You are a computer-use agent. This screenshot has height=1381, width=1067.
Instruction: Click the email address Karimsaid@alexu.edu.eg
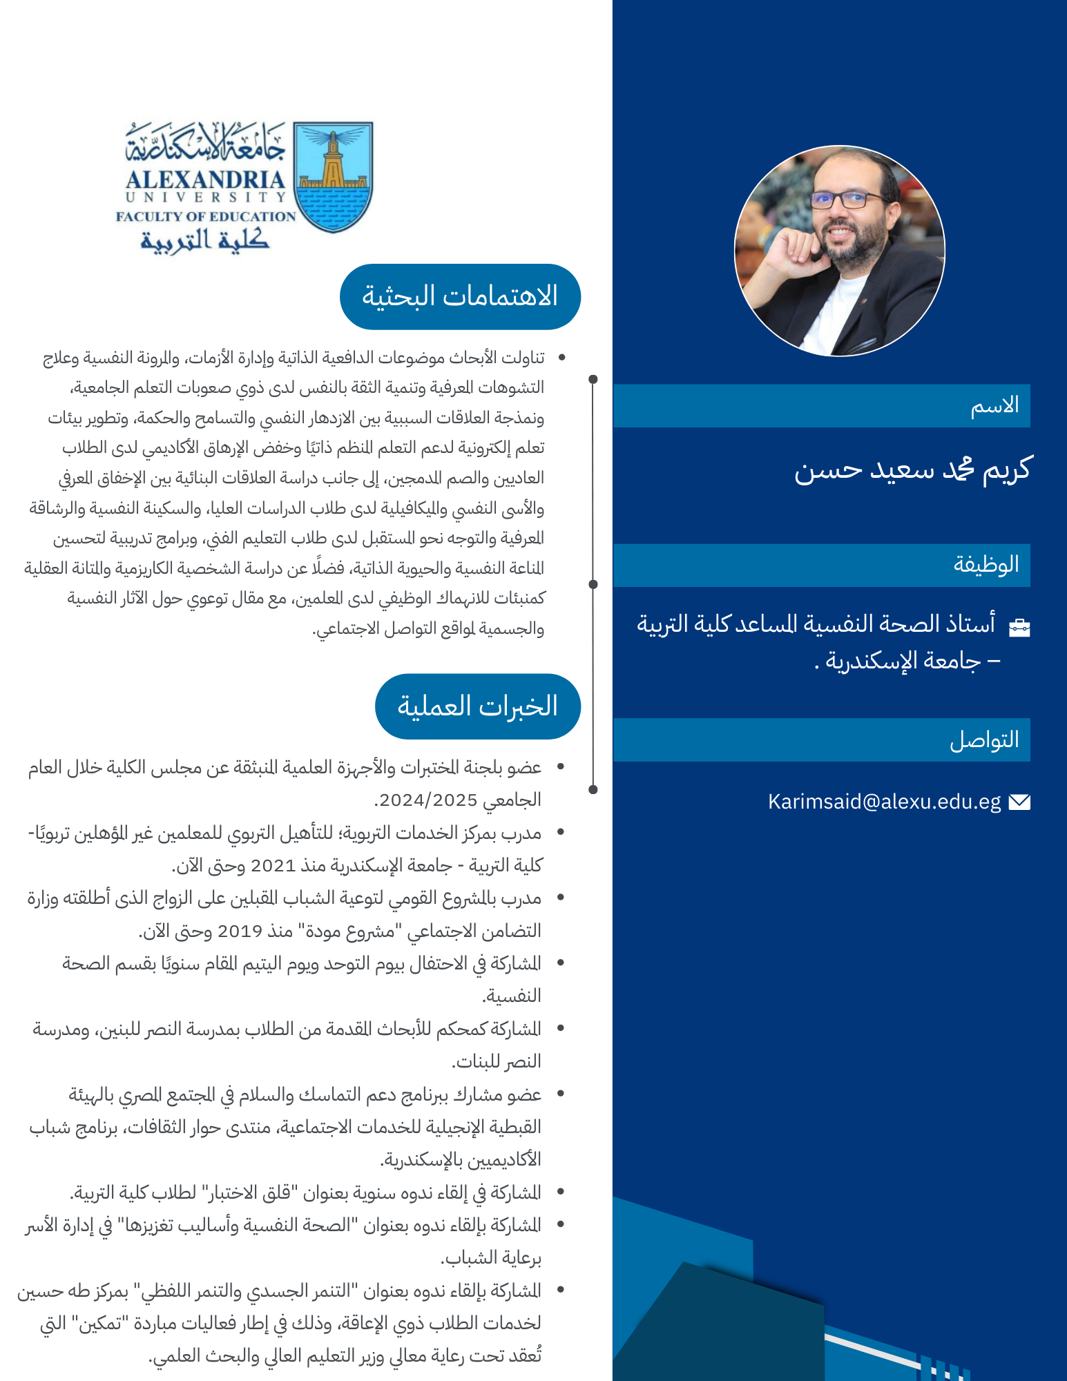click(x=884, y=802)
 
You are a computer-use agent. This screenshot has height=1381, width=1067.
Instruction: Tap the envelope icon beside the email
click(x=1019, y=802)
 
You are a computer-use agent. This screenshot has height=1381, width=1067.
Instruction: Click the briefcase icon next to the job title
click(x=1019, y=627)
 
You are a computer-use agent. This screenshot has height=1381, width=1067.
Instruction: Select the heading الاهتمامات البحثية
click(x=460, y=297)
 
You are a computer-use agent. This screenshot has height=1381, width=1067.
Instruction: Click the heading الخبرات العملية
click(x=477, y=706)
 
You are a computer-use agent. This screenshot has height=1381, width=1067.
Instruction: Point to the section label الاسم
click(x=994, y=406)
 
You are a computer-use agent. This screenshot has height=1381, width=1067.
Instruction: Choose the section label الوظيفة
click(x=986, y=565)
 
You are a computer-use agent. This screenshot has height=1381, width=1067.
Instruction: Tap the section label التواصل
click(x=984, y=740)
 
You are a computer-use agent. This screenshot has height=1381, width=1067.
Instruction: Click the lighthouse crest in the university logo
click(x=333, y=176)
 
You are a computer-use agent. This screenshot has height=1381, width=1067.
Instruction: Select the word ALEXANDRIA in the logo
click(x=205, y=180)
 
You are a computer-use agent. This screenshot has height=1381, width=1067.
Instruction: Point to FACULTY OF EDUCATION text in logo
click(x=206, y=217)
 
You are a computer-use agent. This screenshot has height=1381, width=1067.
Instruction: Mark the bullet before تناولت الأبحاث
click(x=561, y=358)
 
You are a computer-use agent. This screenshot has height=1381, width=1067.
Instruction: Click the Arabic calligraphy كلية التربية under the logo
click(x=205, y=240)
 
